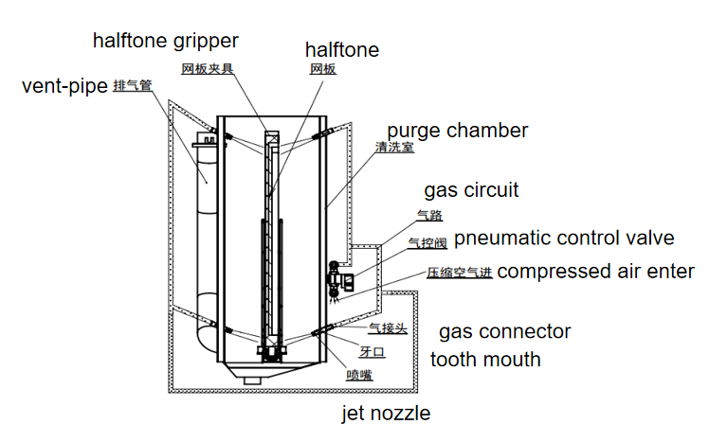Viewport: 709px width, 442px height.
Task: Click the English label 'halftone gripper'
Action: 165,41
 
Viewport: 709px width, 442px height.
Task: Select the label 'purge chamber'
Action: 457,130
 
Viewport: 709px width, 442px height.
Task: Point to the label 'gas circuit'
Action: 471,189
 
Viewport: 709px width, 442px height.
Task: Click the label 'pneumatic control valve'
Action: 564,237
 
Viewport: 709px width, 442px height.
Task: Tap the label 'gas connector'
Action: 504,331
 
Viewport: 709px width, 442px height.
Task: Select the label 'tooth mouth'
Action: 485,359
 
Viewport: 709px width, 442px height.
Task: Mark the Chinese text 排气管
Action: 133,86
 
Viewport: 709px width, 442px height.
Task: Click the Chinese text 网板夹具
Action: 208,68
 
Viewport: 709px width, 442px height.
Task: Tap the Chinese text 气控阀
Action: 427,243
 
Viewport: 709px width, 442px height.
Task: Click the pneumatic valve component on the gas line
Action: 336,278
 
